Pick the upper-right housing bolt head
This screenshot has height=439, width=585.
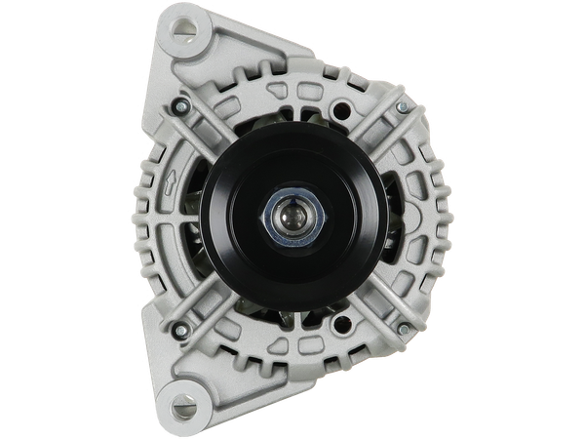point(402,106)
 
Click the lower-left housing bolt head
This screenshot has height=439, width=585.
point(179,330)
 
